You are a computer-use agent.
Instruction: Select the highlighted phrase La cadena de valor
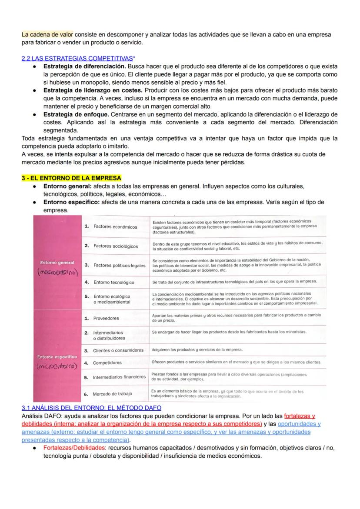coord(47,34)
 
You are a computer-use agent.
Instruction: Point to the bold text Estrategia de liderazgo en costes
coord(93,90)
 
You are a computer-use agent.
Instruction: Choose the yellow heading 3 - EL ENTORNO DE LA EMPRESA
coord(71,178)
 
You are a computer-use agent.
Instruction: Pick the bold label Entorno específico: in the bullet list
coord(71,202)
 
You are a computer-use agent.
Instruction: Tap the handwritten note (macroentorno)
coord(57,272)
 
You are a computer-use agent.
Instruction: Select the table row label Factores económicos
coord(115,227)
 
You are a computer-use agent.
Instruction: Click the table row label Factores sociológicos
coord(116,246)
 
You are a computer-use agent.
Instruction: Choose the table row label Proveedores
coord(106,318)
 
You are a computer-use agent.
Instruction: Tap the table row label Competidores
coord(107,363)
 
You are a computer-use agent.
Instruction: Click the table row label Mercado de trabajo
coord(112,394)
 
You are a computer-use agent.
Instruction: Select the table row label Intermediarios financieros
coord(119,377)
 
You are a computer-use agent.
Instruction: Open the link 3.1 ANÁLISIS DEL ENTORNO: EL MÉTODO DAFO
coord(91,407)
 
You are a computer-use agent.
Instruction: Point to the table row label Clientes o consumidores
coord(118,350)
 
